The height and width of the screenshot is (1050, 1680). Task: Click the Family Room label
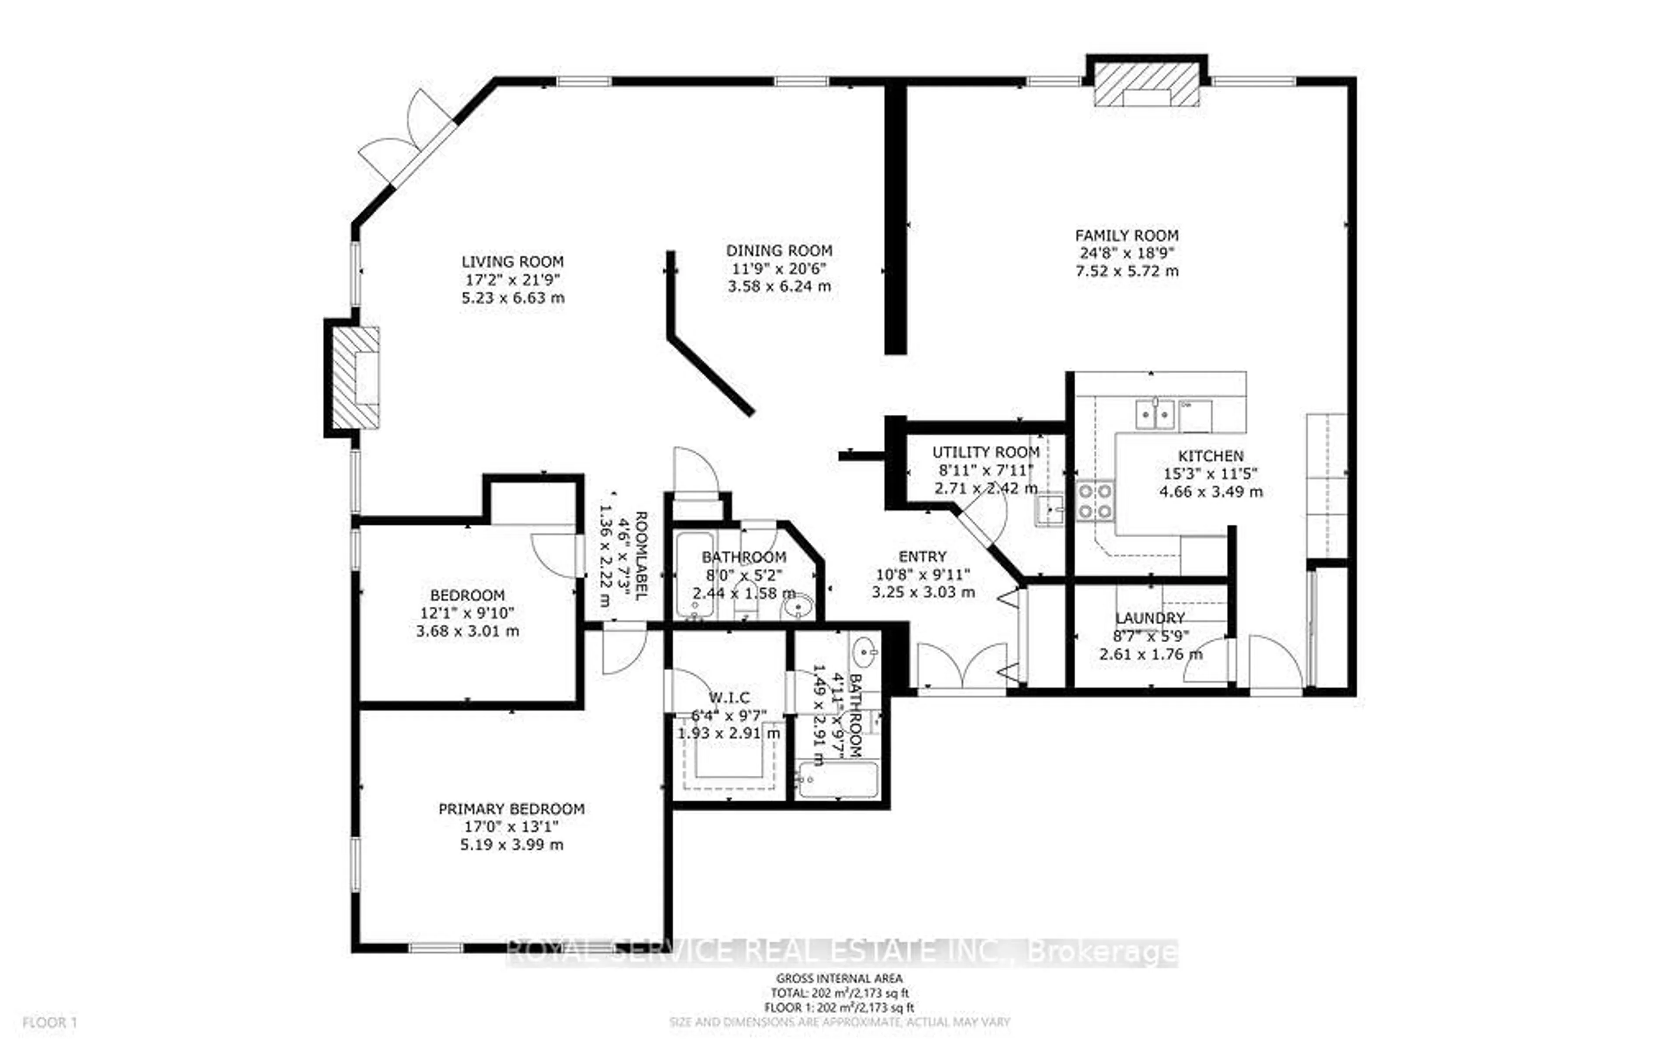coord(1126,235)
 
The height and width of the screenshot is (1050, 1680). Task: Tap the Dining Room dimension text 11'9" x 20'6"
coord(779,269)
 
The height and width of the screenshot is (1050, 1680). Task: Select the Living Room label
coord(512,262)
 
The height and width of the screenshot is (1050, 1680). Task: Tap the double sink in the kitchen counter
coord(1155,415)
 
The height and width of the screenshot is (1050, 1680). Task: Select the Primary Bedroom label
coord(511,809)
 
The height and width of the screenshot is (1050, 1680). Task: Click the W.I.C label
coord(729,697)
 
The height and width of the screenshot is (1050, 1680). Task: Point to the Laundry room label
coord(1150,618)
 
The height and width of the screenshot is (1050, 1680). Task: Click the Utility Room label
coord(986,452)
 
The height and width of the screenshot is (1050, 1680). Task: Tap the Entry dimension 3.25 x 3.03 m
coord(923,592)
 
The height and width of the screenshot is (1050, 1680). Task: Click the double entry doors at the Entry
coord(962,668)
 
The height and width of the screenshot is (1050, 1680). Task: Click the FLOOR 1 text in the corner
coord(50,1022)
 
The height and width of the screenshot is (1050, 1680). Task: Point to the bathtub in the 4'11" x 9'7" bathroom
coord(838,780)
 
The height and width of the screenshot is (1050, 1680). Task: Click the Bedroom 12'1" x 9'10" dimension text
coord(467,613)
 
